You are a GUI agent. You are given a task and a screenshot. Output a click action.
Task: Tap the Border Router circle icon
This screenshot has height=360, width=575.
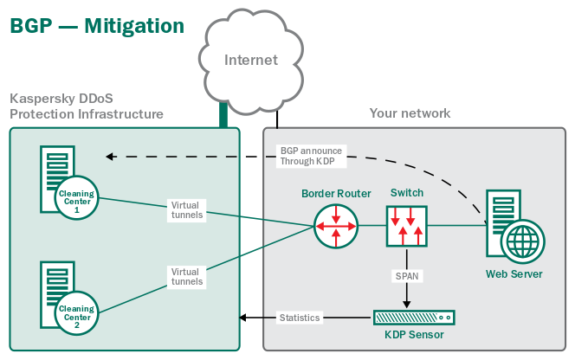336,225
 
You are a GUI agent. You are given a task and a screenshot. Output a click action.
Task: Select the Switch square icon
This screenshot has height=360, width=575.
407,225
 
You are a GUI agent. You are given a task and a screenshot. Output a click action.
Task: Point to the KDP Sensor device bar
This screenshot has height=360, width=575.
413,317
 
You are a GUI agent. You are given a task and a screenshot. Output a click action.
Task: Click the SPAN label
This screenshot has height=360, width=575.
407,275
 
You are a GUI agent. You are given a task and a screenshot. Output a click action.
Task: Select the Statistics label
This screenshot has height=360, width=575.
300,318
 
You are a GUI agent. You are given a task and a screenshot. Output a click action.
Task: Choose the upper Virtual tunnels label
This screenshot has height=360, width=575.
186,211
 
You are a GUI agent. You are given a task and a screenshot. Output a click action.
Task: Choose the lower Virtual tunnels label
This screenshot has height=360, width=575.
186,277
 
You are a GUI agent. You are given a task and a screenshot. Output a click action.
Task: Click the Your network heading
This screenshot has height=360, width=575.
410,113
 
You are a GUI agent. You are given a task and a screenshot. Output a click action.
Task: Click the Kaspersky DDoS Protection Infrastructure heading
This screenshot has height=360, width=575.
86,106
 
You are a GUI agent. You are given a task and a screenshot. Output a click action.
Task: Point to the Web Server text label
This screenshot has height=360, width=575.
514,274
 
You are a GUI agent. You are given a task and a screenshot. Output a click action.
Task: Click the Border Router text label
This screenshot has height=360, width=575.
336,193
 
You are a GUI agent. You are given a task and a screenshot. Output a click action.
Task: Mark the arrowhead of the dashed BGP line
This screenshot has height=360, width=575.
109,157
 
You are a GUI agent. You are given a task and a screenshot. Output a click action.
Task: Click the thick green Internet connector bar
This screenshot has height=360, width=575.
223,112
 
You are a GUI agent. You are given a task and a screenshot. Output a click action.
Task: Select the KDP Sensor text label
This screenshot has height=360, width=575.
414,335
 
